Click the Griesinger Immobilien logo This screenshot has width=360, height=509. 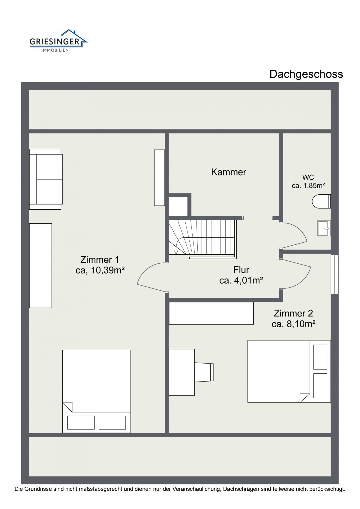tap(58, 41)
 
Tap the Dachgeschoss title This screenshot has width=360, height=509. tap(306, 74)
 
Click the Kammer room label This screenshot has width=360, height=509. tap(228, 172)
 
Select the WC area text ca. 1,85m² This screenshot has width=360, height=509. tap(308, 186)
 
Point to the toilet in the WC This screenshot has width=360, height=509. tap(321, 201)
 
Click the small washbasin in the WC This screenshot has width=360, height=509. tap(324, 228)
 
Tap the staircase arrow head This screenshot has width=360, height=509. tap(175, 252)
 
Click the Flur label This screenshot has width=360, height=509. tap(241, 270)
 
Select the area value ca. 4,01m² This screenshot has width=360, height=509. tap(241, 281)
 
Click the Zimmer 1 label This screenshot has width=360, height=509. tap(100, 259)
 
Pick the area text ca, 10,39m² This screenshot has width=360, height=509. tap(100, 271)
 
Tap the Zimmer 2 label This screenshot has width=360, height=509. tap(293, 313)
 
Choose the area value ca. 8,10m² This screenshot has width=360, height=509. tap(293, 324)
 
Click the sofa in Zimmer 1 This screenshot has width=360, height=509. tap(46, 179)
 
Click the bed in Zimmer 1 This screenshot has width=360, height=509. tap(97, 391)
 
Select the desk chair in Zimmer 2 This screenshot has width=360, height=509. tap(204, 372)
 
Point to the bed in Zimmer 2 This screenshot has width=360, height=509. tap(289, 371)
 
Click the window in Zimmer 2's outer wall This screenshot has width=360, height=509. tap(334, 274)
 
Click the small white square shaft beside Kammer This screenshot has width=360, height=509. tap(178, 206)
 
